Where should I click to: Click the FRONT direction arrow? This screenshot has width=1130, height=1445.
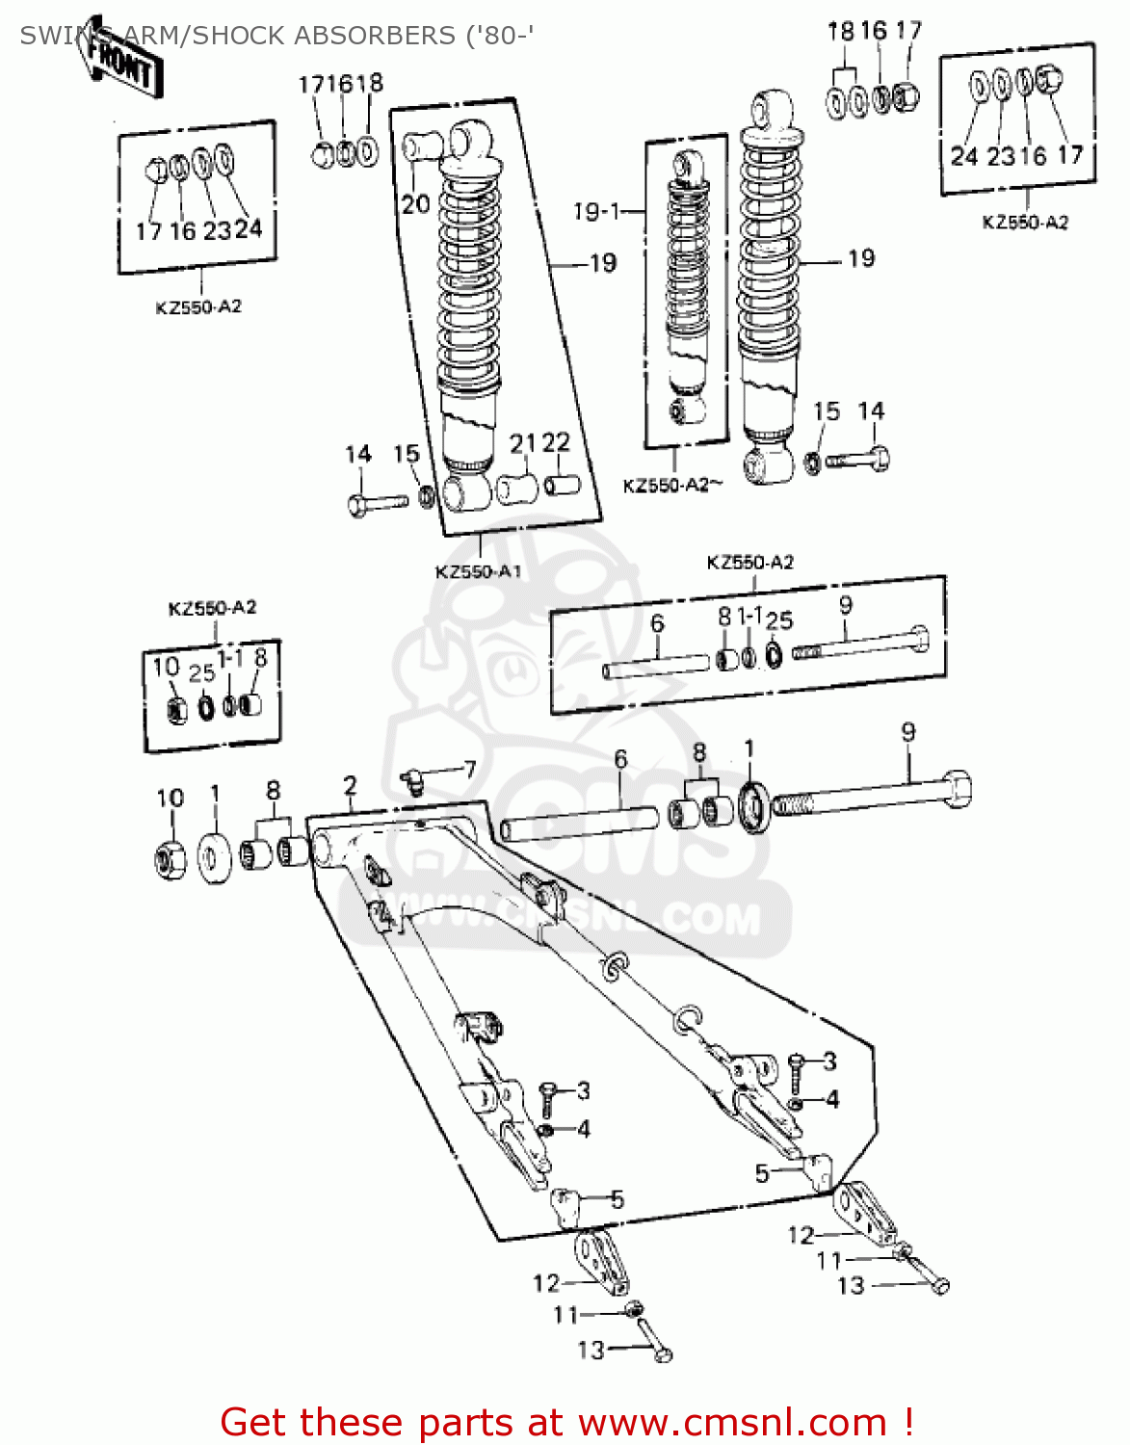120,60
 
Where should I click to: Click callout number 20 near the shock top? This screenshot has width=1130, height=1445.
415,204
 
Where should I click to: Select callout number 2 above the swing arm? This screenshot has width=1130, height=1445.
350,786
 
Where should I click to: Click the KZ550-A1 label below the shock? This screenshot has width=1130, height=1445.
478,571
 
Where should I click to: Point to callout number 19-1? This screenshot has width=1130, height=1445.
596,211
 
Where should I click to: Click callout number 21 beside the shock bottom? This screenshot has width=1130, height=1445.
522,443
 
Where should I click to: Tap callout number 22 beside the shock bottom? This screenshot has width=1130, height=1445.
556,442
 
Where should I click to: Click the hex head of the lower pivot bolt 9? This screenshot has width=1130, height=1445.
957,787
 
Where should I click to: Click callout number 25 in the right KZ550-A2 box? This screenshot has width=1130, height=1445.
780,621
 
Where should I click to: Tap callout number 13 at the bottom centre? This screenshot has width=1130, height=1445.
591,1351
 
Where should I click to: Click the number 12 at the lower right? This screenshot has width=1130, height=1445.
801,1235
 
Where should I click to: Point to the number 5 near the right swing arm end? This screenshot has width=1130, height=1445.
762,1173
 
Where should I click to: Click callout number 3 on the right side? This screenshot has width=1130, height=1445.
829,1062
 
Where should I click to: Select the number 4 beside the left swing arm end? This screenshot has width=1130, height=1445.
583,1129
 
